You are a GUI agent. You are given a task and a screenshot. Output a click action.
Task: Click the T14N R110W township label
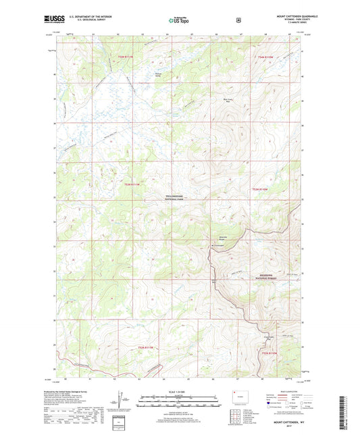click(x=265, y=57)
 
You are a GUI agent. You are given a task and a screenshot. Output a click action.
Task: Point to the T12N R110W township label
click(x=269, y=352)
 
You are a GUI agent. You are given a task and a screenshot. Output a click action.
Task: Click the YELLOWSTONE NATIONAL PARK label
click(x=180, y=197)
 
